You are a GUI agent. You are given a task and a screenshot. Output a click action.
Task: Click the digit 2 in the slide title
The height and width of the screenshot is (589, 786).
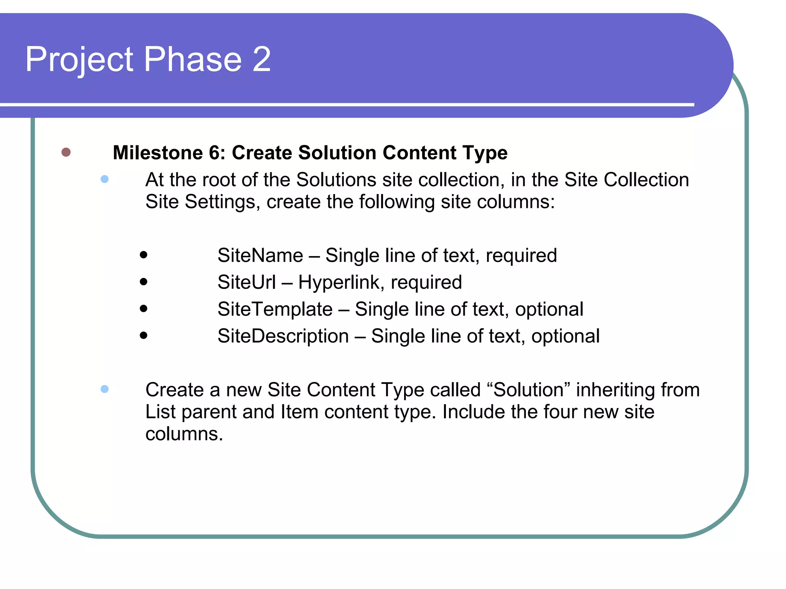pos(262,59)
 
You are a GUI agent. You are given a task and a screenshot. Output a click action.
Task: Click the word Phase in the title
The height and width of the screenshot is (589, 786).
pos(193,59)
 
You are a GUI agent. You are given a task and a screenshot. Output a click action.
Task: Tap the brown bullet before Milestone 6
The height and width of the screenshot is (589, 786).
pos(66,152)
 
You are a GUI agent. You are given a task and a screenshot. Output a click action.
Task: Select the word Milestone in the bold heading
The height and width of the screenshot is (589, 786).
pos(158,153)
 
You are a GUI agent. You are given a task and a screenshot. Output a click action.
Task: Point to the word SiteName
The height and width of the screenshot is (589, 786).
pos(260,255)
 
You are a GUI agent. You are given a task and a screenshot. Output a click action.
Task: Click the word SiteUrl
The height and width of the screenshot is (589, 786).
pos(246,282)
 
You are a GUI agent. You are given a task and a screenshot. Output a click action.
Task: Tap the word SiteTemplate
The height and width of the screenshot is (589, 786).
pos(275,309)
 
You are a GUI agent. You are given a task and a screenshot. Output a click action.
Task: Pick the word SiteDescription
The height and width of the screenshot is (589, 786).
pos(283,336)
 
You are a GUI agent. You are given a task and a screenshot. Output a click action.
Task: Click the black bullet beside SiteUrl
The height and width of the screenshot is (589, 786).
pos(144,282)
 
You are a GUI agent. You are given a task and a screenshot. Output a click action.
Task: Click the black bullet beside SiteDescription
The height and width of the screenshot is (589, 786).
pos(144,336)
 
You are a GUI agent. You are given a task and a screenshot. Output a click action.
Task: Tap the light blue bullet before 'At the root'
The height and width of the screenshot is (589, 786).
pos(104,179)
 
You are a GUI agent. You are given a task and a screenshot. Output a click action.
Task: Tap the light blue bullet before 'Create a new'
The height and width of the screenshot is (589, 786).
pos(104,389)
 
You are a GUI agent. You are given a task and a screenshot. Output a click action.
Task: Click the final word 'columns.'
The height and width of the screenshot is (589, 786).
pos(184,434)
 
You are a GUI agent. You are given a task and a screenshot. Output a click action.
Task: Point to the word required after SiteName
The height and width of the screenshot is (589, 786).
pos(521,256)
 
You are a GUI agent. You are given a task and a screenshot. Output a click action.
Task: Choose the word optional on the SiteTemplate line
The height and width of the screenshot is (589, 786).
pos(549,309)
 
